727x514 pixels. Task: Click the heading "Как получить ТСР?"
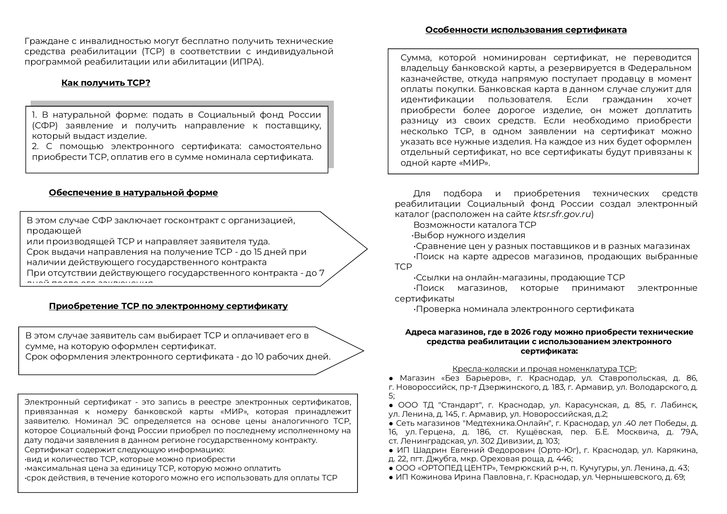pyautogui.click(x=106, y=83)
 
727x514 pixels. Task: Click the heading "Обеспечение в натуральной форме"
pyautogui.click(x=133, y=193)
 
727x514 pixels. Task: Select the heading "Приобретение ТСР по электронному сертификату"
pyautogui.click(x=168, y=306)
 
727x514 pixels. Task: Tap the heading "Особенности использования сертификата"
pyautogui.click(x=526, y=30)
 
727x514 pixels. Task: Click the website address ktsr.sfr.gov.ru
pyautogui.click(x=561, y=214)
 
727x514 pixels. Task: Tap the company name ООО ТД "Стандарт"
pyautogui.click(x=440, y=405)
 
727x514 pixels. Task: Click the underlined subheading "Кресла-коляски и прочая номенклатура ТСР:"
pyautogui.click(x=544, y=369)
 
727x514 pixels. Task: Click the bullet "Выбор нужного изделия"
pyautogui.click(x=469, y=235)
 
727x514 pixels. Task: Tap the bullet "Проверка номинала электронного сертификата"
pyautogui.click(x=524, y=309)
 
